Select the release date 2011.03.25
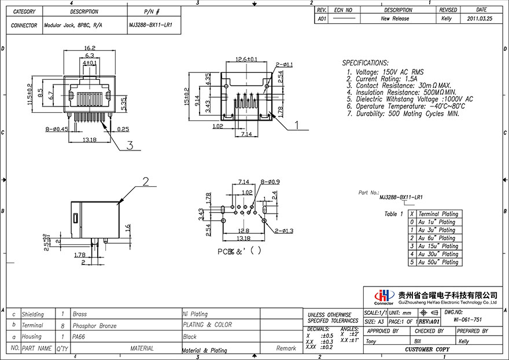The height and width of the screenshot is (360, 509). (x=481, y=19)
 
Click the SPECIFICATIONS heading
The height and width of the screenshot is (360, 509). (x=365, y=63)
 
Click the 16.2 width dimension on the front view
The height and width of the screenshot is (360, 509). (x=89, y=48)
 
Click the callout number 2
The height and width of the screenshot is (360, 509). (x=146, y=182)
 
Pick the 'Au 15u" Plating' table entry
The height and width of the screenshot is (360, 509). (x=437, y=246)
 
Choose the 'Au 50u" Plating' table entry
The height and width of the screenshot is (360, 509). (x=437, y=262)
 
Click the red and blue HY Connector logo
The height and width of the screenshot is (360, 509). (x=383, y=296)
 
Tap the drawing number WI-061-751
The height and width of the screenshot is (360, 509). (x=467, y=319)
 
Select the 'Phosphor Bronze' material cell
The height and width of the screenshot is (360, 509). (x=94, y=326)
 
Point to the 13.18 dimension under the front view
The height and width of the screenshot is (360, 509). (x=88, y=140)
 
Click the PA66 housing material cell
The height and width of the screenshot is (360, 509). (x=78, y=336)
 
